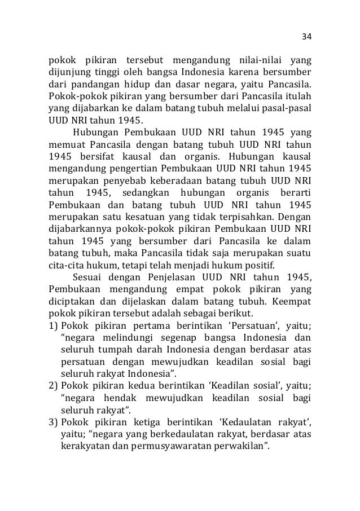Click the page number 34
pos(306,37)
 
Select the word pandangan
pos(91,85)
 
